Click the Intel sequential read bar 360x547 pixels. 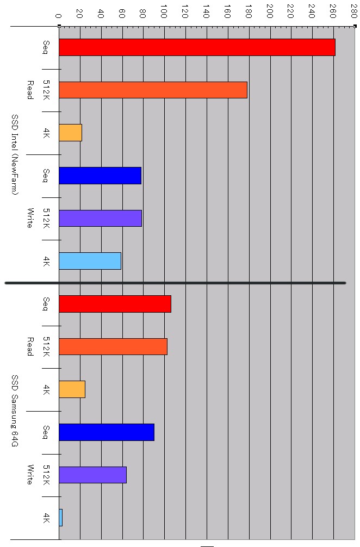[x=197, y=47]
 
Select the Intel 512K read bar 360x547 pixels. [x=153, y=90]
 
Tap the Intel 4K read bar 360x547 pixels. [x=70, y=133]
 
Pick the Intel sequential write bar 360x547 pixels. [x=100, y=176]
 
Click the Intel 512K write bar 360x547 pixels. [x=100, y=218]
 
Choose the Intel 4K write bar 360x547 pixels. [x=90, y=261]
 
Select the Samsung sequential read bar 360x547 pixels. [x=115, y=304]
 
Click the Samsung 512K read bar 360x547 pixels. [x=113, y=346]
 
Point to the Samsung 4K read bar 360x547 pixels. [x=72, y=389]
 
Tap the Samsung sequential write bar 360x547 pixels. [x=107, y=432]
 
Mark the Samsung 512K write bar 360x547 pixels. [x=92, y=475]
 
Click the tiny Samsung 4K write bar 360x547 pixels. [x=60, y=518]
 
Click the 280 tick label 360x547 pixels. [x=355, y=12]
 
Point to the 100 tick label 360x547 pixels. [x=164, y=12]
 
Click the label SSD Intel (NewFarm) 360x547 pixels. [x=15, y=154]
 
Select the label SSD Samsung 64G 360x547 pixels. [x=15, y=411]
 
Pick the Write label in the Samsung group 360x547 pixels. [x=30, y=475]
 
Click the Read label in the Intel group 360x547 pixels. [x=30, y=90]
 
